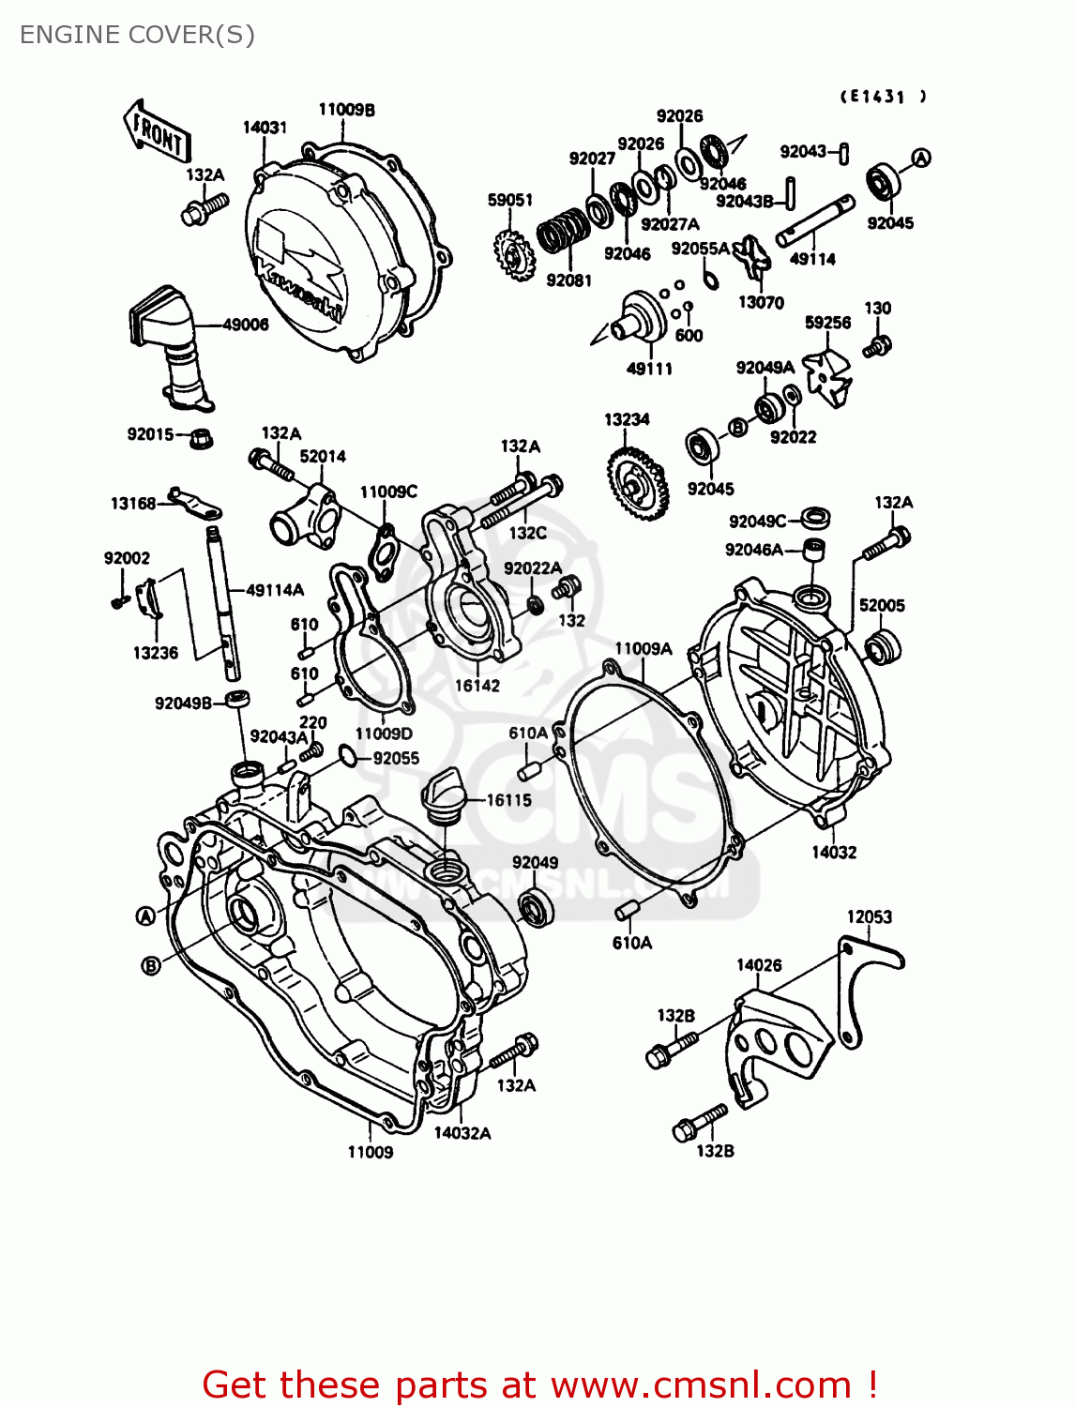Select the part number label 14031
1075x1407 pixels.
tap(265, 127)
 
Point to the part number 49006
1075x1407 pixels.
tap(246, 325)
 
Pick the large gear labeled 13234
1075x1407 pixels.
tap(638, 484)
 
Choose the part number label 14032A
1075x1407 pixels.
tap(462, 1133)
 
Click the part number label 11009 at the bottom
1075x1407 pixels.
tap(371, 1152)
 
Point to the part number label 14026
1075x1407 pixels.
tap(759, 965)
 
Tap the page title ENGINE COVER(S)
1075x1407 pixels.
tap(137, 35)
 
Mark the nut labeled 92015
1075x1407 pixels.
tap(199, 437)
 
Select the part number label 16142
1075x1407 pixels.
tap(477, 686)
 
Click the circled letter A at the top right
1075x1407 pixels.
tap(921, 158)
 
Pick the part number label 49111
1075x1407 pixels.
tap(649, 369)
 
